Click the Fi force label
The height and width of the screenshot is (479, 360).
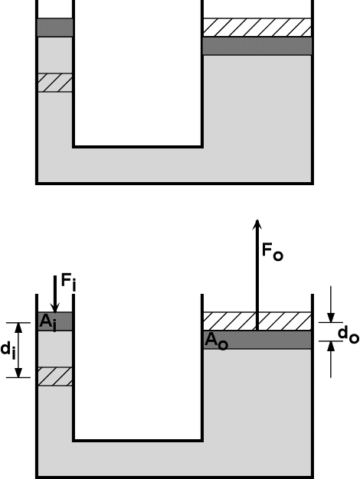point(69,282)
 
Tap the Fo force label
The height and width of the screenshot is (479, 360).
point(273,252)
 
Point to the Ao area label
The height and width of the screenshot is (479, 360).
point(216,341)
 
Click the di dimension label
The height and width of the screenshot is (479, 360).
point(8,350)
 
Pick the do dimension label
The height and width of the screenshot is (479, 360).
point(349,334)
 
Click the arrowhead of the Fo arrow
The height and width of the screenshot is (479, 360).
point(257,224)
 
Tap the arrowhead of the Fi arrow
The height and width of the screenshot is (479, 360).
point(55,308)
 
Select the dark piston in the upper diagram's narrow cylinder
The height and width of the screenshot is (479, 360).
point(55,28)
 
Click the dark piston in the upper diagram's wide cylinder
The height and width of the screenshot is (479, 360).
point(257,46)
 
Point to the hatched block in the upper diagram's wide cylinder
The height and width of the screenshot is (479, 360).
point(257,28)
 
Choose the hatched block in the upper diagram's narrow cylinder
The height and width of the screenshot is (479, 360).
point(55,83)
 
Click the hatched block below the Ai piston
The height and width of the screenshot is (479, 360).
point(55,376)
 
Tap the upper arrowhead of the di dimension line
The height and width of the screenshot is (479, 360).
point(18,327)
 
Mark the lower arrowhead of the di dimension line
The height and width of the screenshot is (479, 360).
point(18,373)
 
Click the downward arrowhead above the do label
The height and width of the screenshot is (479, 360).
point(331,318)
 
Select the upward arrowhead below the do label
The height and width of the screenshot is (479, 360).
point(331,346)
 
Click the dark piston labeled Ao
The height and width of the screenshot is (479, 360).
point(257,340)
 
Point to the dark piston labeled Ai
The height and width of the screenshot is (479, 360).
point(55,321)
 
